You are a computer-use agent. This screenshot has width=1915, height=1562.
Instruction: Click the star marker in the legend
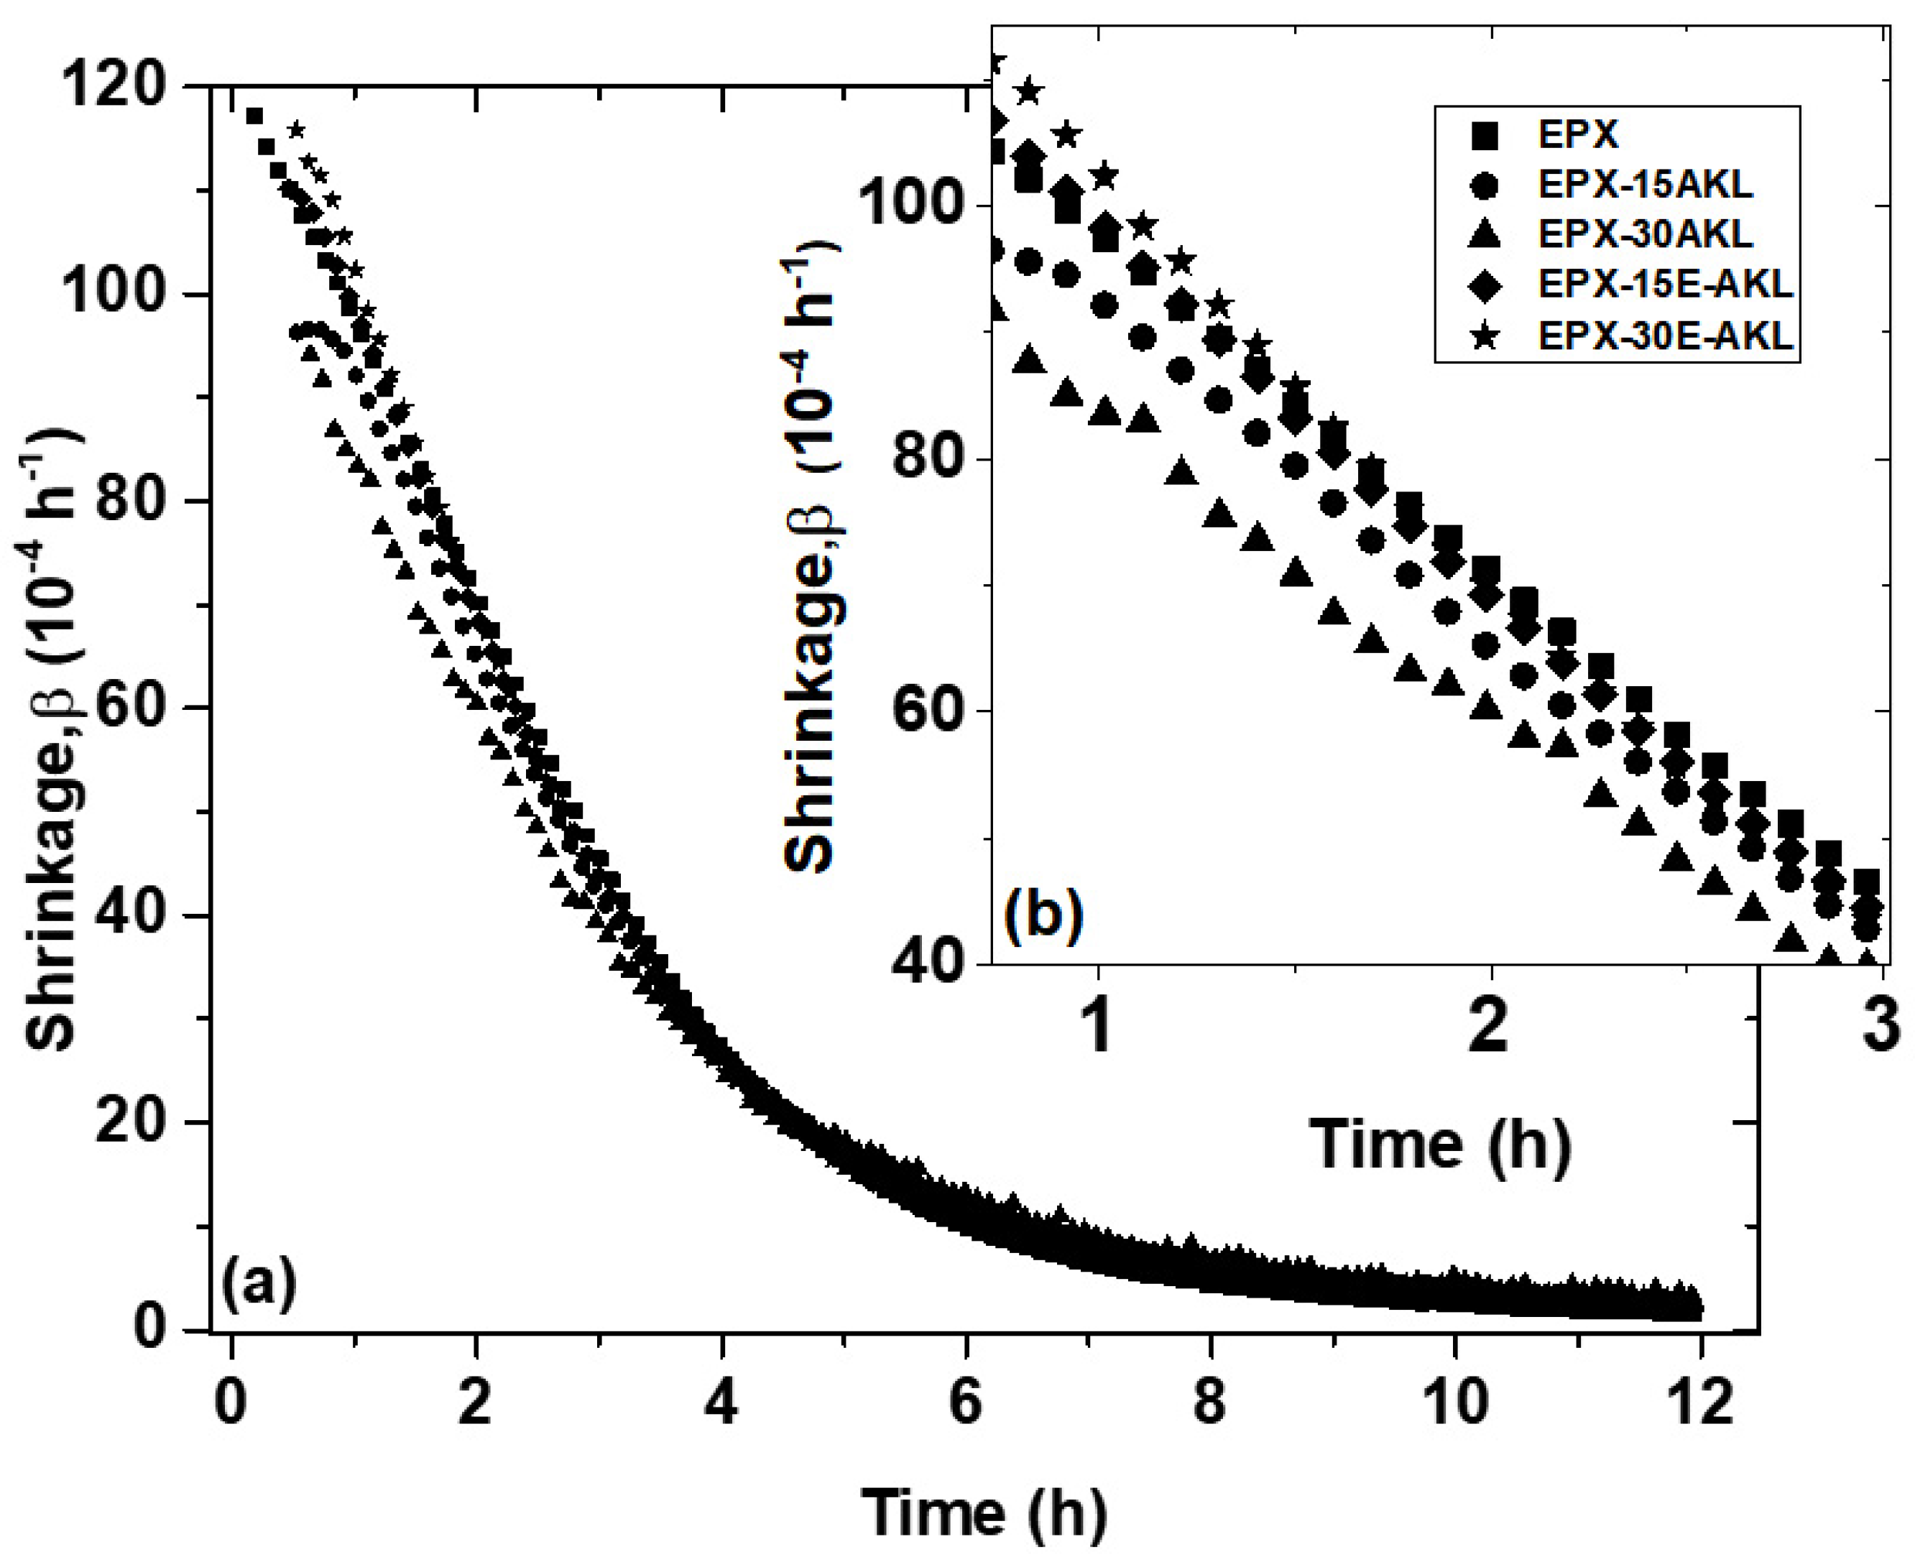pos(1487,336)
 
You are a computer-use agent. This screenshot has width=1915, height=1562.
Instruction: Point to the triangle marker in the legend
pos(1487,235)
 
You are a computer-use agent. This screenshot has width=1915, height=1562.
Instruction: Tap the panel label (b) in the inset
pos(1044,916)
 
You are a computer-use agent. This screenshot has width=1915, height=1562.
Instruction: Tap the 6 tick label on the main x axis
pos(965,1402)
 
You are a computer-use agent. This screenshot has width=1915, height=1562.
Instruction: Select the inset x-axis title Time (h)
pos(1440,1145)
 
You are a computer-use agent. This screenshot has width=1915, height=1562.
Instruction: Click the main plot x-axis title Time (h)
pos(984,1512)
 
